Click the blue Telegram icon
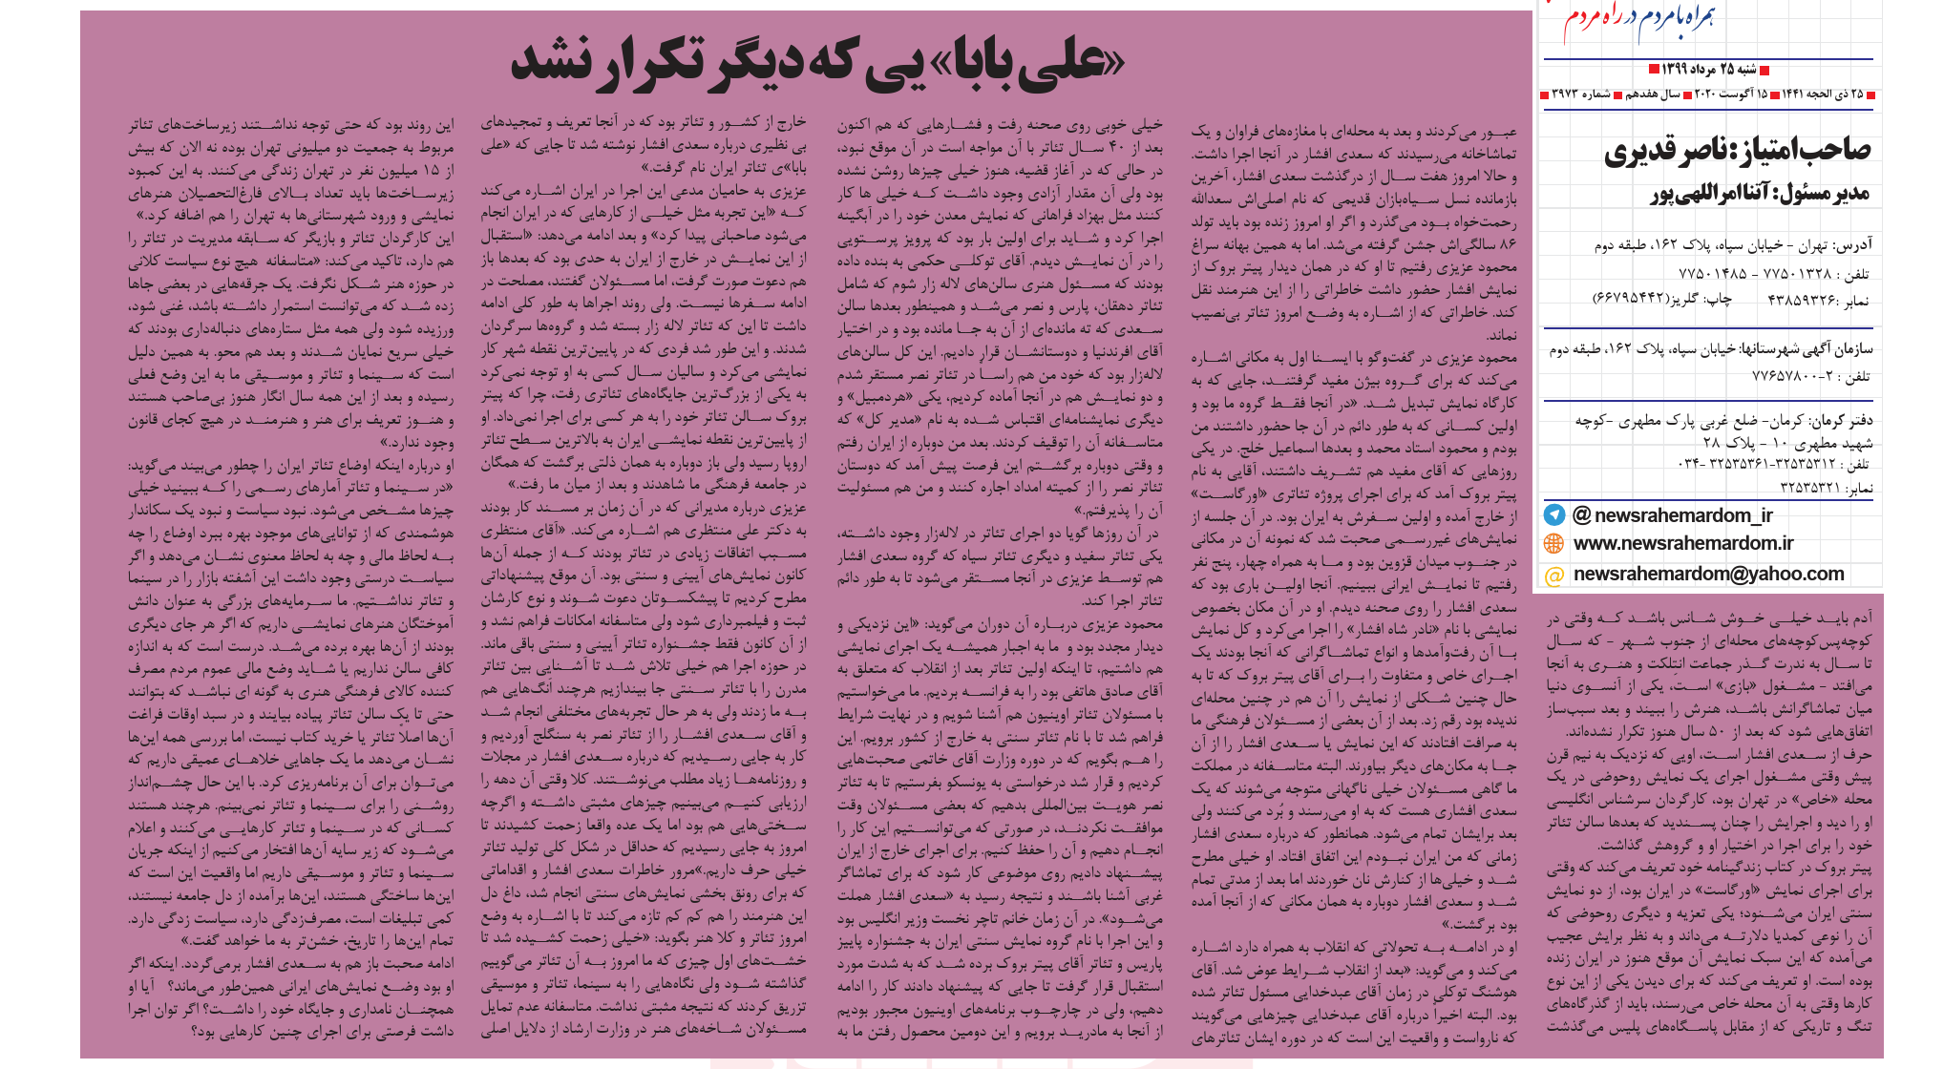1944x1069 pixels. [1554, 515]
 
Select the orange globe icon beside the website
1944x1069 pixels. [1554, 544]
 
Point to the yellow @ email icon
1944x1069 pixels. [1554, 575]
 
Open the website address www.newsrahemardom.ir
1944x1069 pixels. [1683, 544]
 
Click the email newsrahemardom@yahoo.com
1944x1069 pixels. [1708, 575]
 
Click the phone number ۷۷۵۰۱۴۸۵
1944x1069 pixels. [1713, 274]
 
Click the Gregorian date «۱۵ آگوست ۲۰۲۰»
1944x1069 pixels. [1730, 94]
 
